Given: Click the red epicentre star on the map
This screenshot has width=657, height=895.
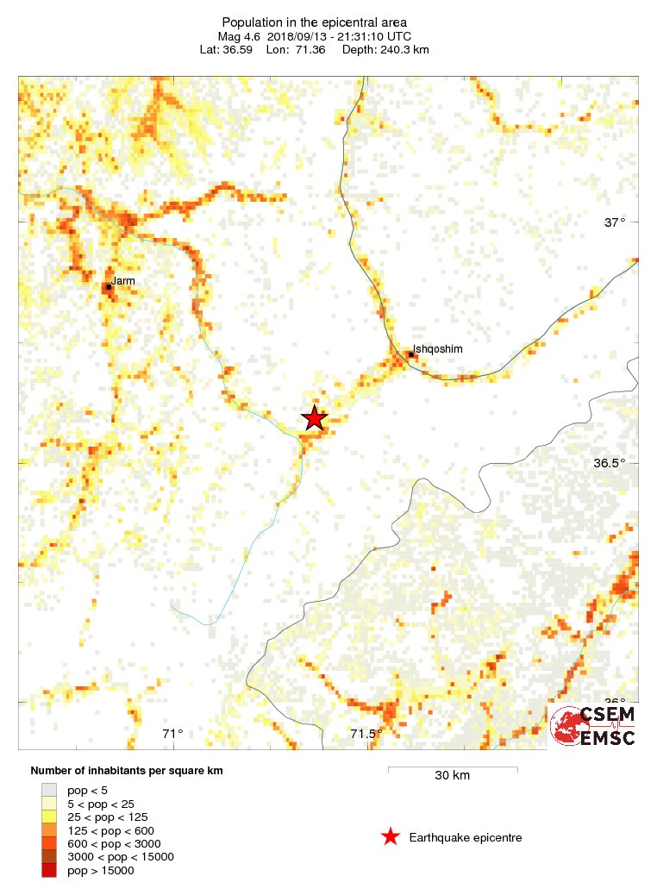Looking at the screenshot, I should pyautogui.click(x=315, y=418).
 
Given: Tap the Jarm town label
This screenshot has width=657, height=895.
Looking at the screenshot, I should pyautogui.click(x=123, y=280).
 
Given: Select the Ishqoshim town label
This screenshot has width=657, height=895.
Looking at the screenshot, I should pyautogui.click(x=438, y=348).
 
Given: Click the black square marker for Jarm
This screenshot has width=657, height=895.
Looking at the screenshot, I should pyautogui.click(x=109, y=286).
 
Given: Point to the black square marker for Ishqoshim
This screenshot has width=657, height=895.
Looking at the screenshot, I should pyautogui.click(x=412, y=354).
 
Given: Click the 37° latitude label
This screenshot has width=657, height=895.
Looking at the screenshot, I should pyautogui.click(x=614, y=222).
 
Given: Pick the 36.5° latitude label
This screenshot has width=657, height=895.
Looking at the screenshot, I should pyautogui.click(x=610, y=463).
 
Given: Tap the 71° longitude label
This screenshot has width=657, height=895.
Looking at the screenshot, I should pyautogui.click(x=173, y=734).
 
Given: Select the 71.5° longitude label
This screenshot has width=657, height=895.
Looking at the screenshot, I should pyautogui.click(x=366, y=734).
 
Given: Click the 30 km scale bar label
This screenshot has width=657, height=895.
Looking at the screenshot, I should pyautogui.click(x=452, y=775).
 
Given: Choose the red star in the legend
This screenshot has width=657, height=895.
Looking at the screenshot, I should pyautogui.click(x=391, y=837).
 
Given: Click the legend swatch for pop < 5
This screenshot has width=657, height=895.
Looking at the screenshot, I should pyautogui.click(x=49, y=789).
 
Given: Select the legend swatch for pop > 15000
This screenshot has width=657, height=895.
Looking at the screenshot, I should pyautogui.click(x=49, y=871).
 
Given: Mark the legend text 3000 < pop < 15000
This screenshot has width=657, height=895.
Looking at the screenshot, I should pyautogui.click(x=121, y=857).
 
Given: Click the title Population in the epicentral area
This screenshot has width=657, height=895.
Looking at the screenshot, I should pyautogui.click(x=314, y=22).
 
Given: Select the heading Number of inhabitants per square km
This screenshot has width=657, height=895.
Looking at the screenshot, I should pyautogui.click(x=127, y=770).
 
